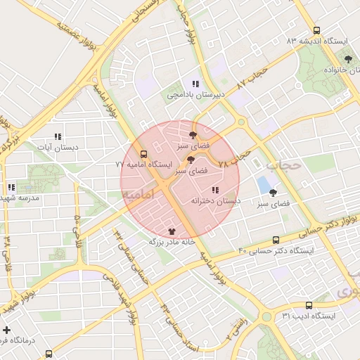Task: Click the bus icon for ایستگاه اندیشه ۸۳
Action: tap(317, 30)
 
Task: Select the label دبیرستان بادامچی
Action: tap(195, 94)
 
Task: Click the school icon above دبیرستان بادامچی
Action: tap(195, 84)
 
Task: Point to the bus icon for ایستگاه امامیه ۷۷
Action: tap(144, 153)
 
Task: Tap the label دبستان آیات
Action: tap(58, 148)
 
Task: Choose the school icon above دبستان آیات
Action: tap(58, 137)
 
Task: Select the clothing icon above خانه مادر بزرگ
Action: tap(172, 231)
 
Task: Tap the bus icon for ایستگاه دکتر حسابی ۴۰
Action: tap(275, 240)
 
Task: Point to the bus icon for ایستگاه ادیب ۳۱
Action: tap(309, 305)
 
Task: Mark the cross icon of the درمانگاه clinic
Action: tap(6, 330)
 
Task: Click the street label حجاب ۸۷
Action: tap(252, 79)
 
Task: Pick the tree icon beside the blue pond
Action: tap(273, 193)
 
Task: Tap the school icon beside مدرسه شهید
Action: tap(11, 188)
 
